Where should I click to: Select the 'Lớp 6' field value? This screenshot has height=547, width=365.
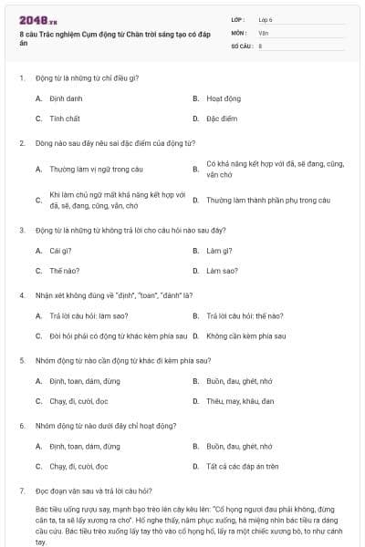point(266,18)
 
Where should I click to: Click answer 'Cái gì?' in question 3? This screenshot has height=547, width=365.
point(60,250)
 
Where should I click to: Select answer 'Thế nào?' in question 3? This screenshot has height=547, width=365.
point(64,271)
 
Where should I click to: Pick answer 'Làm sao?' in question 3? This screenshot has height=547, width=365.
point(222,271)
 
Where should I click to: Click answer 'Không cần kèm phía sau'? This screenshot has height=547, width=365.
point(246,335)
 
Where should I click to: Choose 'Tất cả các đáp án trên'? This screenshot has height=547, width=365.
point(242,466)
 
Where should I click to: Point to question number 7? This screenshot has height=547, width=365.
point(21,490)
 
